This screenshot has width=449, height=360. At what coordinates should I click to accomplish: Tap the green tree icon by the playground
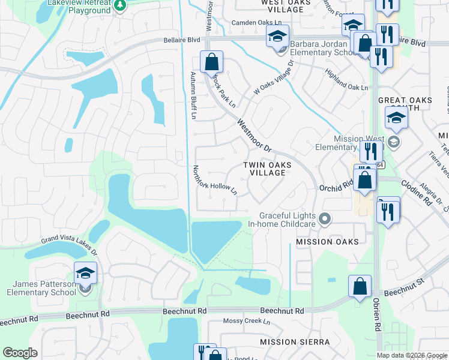pos(120,5)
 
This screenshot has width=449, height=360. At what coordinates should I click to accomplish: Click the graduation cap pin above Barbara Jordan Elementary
pos(277,36)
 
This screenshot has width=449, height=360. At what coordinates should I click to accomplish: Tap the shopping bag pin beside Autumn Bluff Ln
pos(211,61)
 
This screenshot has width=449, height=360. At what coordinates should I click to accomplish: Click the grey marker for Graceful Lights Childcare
pos(325,220)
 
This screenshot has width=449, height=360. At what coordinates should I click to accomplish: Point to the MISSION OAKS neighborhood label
pos(327,242)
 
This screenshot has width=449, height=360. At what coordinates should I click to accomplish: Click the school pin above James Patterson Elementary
pos(86,273)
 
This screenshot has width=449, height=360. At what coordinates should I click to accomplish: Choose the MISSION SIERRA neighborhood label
pos(295,341)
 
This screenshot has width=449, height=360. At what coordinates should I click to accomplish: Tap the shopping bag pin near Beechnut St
pos(360,286)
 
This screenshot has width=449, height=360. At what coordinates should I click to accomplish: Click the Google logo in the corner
pos(20,353)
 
